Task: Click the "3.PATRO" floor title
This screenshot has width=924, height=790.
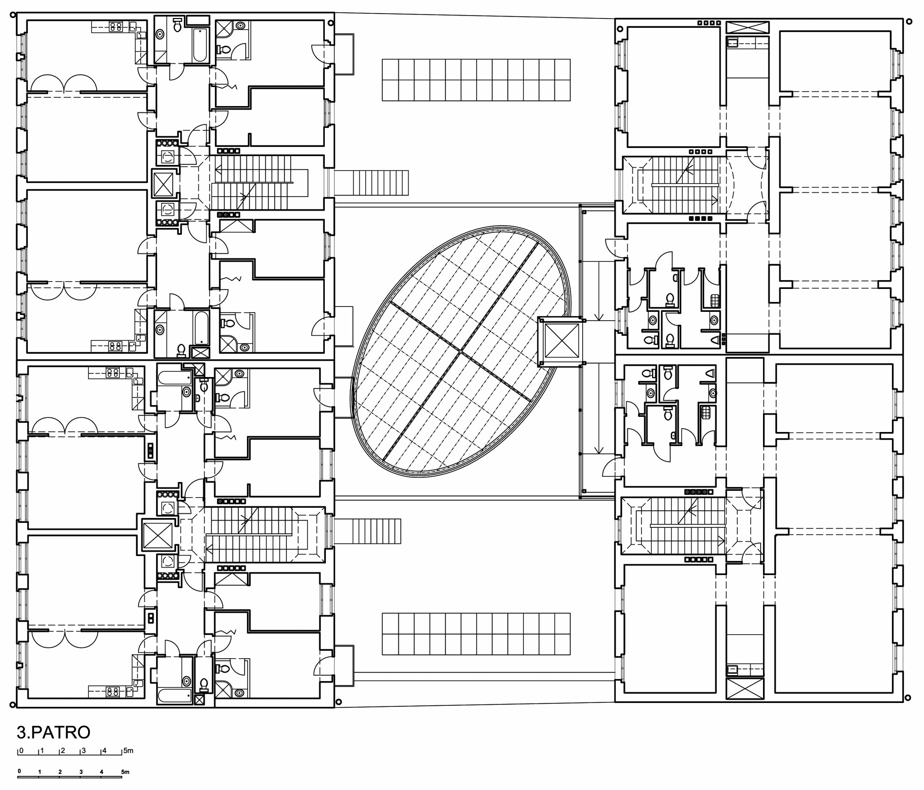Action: (53, 732)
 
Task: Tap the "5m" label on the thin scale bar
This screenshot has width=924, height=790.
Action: (128, 751)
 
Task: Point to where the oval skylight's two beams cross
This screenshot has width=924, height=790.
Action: (460, 351)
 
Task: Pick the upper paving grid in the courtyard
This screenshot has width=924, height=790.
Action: (476, 80)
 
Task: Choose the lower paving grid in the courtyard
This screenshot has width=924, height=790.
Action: (476, 634)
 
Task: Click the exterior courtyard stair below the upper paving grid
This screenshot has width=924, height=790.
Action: (372, 182)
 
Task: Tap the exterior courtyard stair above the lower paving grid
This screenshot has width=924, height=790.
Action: (368, 531)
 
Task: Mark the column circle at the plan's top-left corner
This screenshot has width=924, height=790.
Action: (13, 16)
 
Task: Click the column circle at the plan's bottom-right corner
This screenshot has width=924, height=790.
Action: (907, 698)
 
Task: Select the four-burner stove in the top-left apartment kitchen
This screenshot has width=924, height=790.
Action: (116, 27)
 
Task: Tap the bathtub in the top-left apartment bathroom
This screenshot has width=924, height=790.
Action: (200, 45)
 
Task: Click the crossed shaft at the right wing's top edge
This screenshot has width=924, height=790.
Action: (747, 27)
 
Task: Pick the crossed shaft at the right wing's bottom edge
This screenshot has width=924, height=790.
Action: (745, 689)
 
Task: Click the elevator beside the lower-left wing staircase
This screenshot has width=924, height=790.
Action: (158, 535)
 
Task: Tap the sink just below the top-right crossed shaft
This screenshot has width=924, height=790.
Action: (732, 43)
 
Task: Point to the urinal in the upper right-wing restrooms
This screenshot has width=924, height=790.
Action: (715, 340)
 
